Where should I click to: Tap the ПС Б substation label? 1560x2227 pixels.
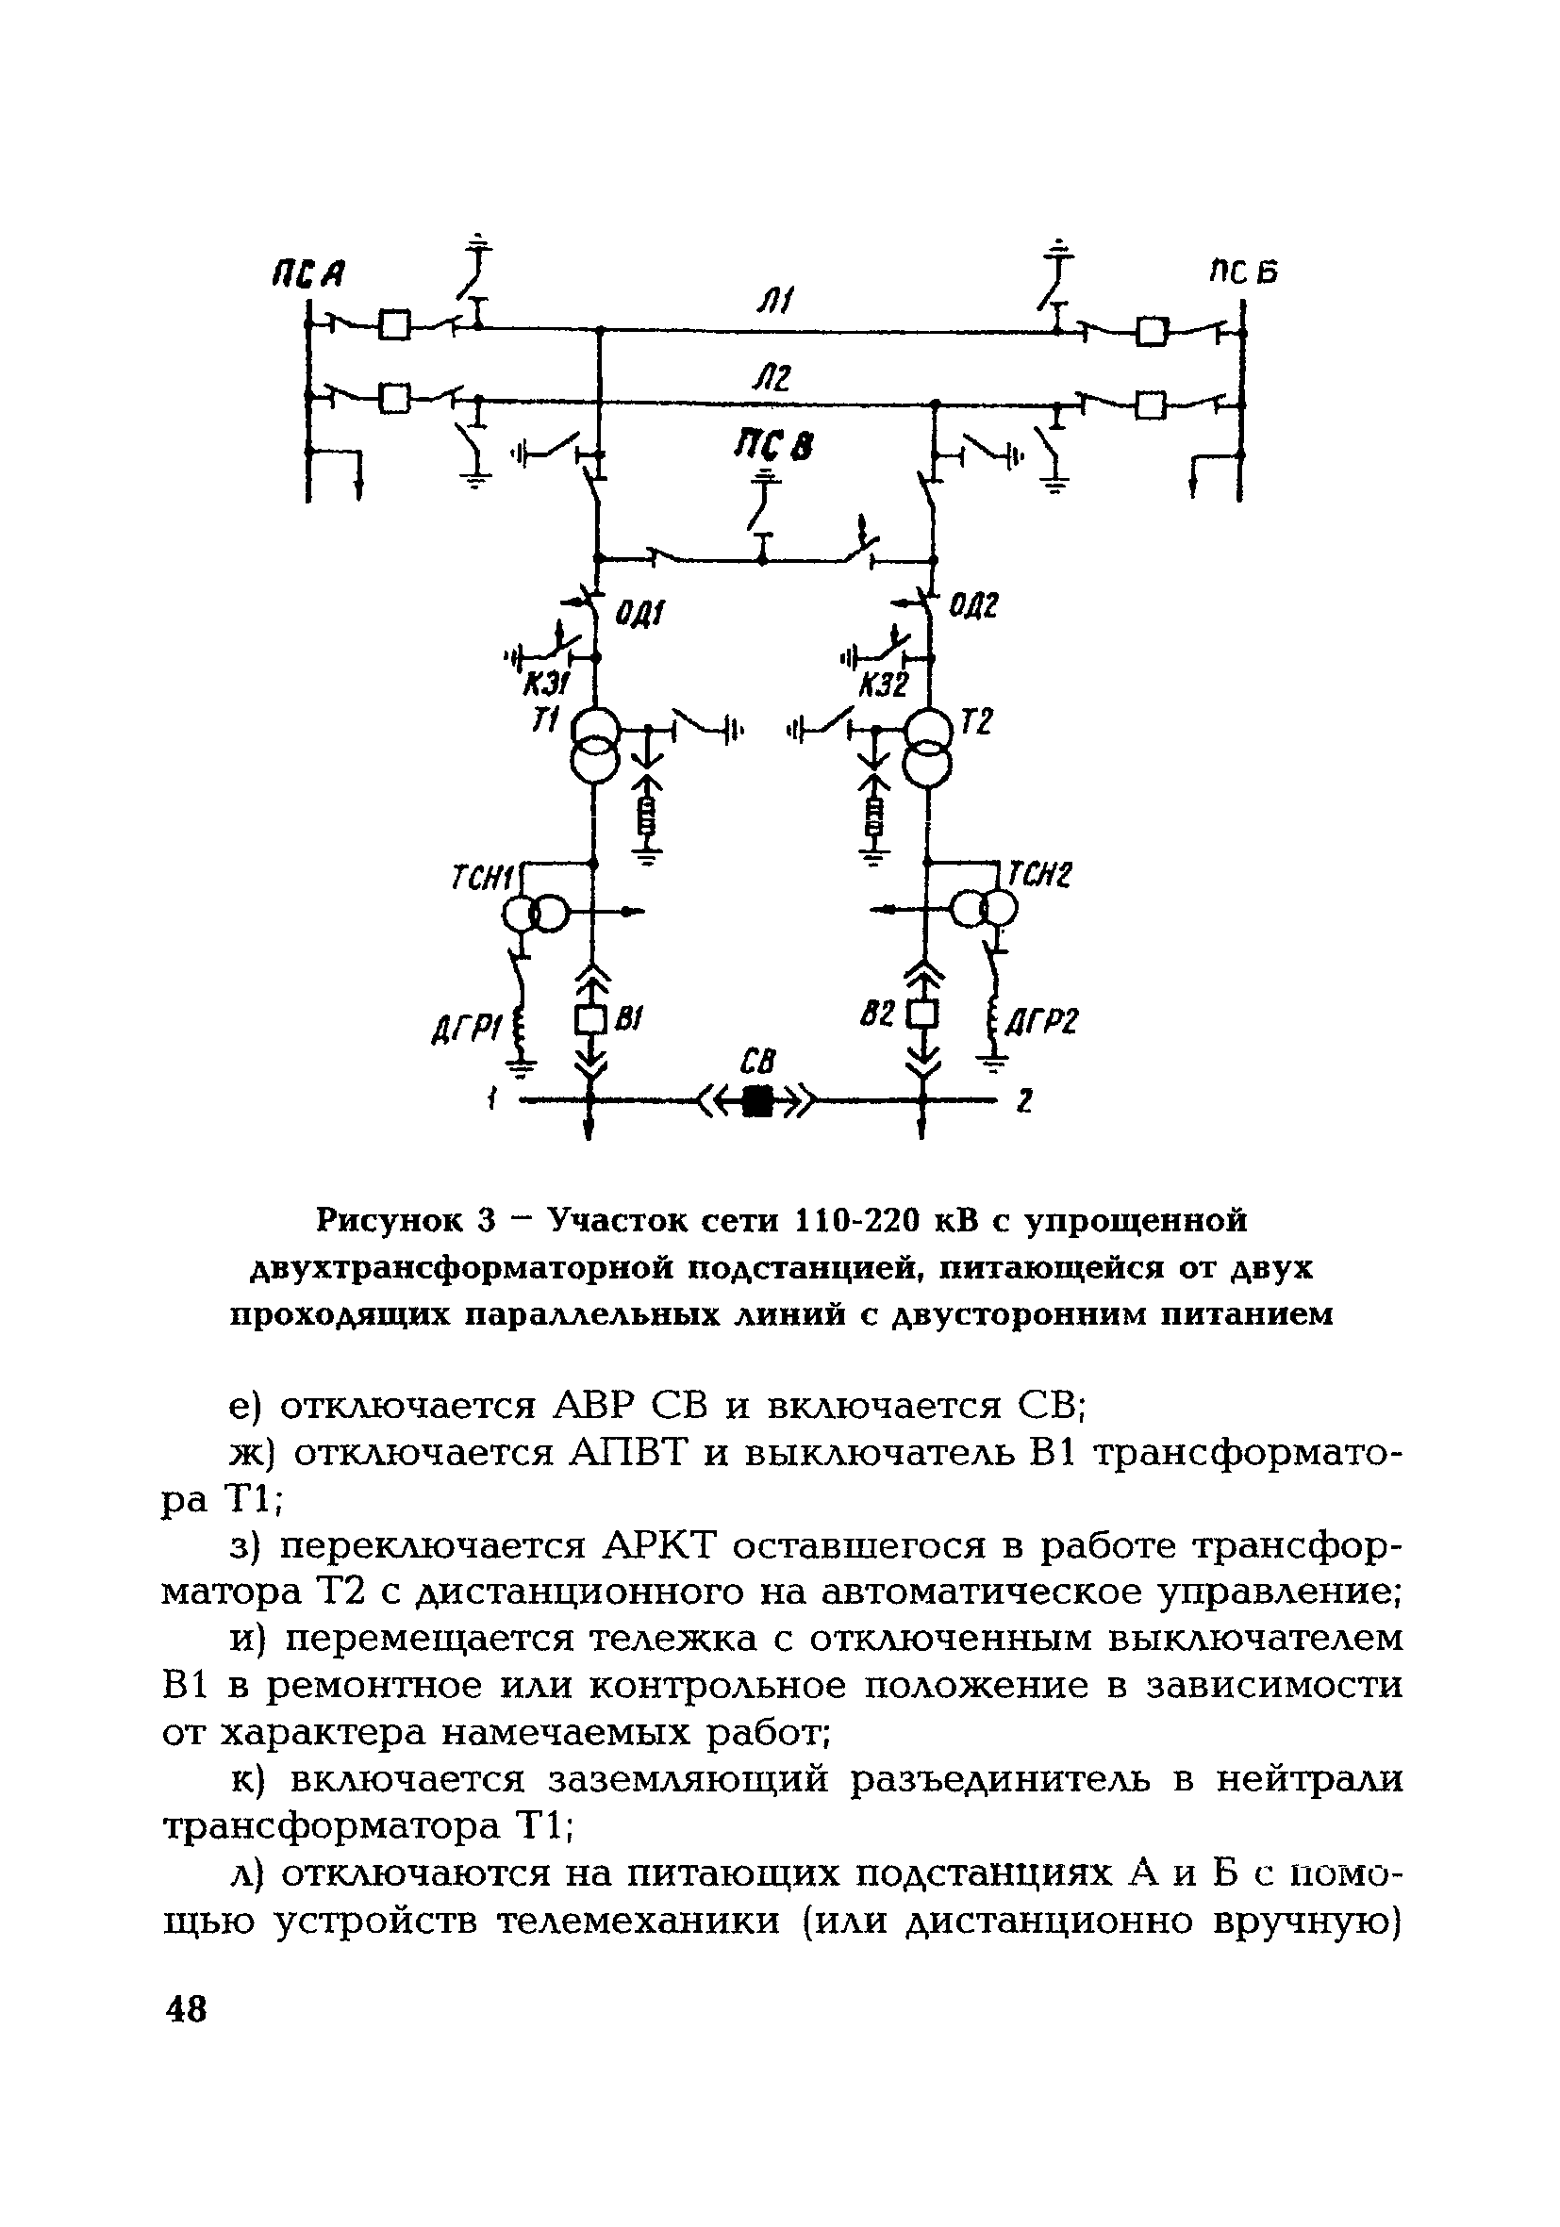(1242, 272)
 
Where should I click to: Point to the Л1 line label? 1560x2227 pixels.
(775, 306)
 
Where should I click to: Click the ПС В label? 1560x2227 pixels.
(774, 447)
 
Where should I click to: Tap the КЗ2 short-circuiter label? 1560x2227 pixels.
(883, 687)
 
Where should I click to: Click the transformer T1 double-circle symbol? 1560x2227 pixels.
(592, 744)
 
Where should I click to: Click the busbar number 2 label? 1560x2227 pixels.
(1023, 1101)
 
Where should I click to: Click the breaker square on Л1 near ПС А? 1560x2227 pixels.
(394, 324)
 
